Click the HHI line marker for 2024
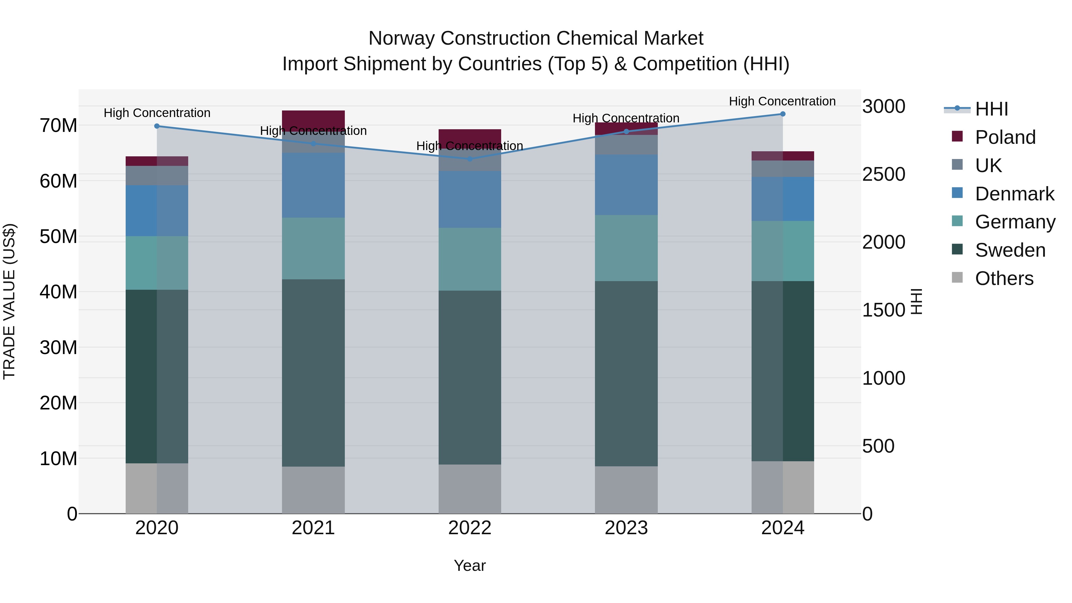coord(782,114)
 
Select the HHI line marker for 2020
coord(157,126)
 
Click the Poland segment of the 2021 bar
coord(313,119)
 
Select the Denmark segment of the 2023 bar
coord(626,185)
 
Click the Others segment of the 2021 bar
coord(313,490)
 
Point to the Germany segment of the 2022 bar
coord(470,259)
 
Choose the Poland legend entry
coord(1005,137)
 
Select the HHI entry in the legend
coord(991,109)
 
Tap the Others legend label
coord(1004,278)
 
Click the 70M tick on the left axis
coord(58,125)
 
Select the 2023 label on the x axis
coord(626,528)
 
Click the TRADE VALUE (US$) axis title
coord(9,301)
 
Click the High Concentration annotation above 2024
coord(782,101)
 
